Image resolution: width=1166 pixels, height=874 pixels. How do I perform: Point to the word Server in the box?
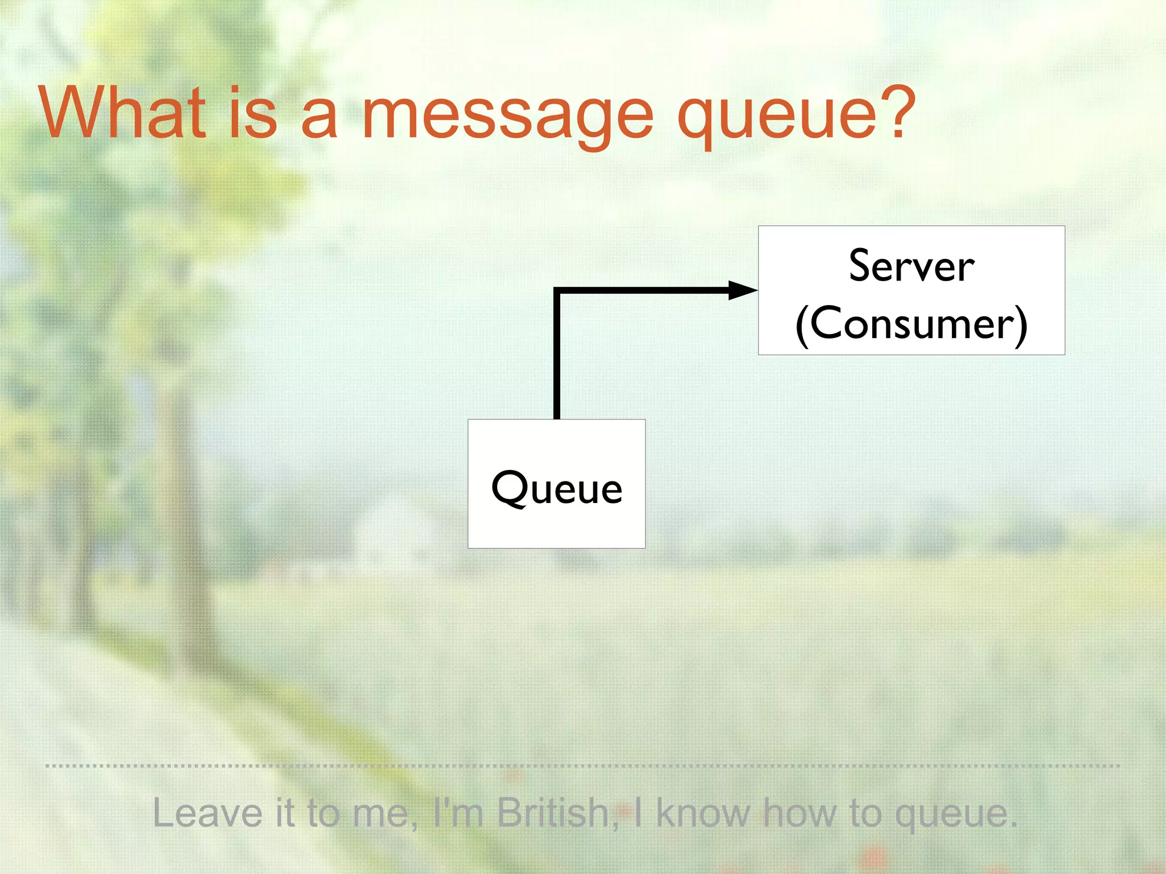coord(911,266)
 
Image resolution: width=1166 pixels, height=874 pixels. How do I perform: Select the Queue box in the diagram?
coord(556,484)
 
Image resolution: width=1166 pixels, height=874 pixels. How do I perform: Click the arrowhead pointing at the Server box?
coord(742,290)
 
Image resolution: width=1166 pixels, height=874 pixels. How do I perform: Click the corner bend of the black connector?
coord(557,291)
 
